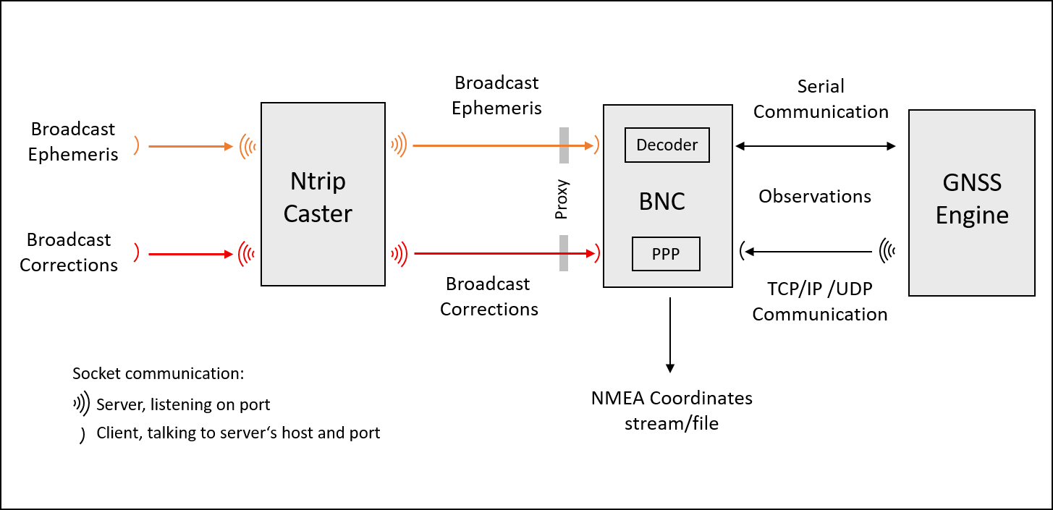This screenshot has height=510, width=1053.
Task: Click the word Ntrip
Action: pyautogui.click(x=318, y=181)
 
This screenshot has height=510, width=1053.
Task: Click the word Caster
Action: pyautogui.click(x=318, y=214)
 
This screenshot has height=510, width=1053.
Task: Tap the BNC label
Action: pyautogui.click(x=661, y=201)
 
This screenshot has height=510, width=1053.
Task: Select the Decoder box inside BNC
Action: pyautogui.click(x=667, y=145)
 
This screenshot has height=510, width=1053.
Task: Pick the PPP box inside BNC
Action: pyautogui.click(x=666, y=254)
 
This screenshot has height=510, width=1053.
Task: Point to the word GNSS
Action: pyautogui.click(x=972, y=182)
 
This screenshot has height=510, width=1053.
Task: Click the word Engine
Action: pyautogui.click(x=972, y=216)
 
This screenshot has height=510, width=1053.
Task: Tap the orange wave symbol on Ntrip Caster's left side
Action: pyautogui.click(x=248, y=146)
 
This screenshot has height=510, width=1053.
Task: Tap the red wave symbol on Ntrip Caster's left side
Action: pyautogui.click(x=248, y=255)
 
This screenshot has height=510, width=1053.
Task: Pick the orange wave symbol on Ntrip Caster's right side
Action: pyautogui.click(x=398, y=145)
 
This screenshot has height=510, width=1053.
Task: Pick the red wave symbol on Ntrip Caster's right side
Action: pyautogui.click(x=398, y=254)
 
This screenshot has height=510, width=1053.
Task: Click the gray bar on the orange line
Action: pyautogui.click(x=564, y=145)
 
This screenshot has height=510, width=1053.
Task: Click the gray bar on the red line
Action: pyautogui.click(x=564, y=253)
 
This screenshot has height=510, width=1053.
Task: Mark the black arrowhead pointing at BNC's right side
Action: pyautogui.click(x=748, y=252)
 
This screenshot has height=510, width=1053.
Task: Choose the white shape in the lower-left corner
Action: pyautogui.click(x=71, y=418)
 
